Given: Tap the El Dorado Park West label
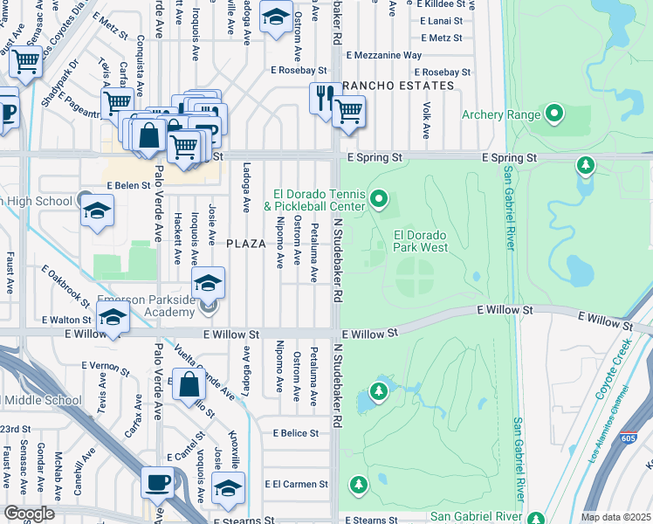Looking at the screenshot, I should pyautogui.click(x=421, y=241).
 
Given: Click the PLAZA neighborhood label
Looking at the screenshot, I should pyautogui.click(x=246, y=244).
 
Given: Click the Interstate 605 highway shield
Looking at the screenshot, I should pyautogui.click(x=626, y=434).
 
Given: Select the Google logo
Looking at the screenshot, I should pyautogui.click(x=28, y=513).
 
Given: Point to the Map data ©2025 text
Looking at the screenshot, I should pyautogui.click(x=615, y=517).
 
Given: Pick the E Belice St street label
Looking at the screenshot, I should pyautogui.click(x=295, y=433).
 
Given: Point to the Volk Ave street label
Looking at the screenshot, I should pyautogui.click(x=426, y=121).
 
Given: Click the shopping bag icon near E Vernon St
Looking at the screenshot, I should pyautogui.click(x=189, y=384).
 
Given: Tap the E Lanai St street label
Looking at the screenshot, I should pyautogui.click(x=440, y=21).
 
